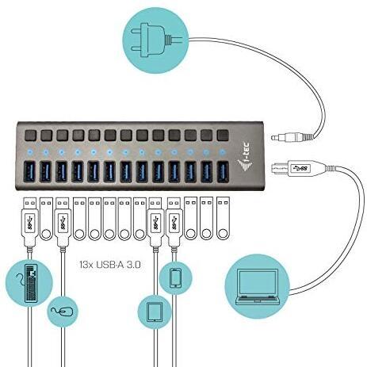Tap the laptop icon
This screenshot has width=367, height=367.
[x=257, y=287]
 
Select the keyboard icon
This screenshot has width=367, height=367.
[x=31, y=283]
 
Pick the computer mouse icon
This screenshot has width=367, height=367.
[x=63, y=312]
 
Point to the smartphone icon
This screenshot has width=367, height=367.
[x=175, y=277]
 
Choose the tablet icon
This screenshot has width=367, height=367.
[x=155, y=312]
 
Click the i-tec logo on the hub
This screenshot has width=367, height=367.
[x=245, y=158]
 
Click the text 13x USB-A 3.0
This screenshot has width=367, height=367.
[x=109, y=264]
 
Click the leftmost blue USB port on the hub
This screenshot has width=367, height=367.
[x=29, y=172]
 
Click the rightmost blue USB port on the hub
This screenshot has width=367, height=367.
[x=223, y=172]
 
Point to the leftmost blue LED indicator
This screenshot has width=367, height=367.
[x=29, y=152]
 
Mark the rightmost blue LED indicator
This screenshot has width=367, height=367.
[x=223, y=152]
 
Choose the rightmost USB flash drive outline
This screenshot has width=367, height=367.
[x=223, y=218]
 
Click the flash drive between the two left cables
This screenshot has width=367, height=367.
[x=46, y=218]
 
